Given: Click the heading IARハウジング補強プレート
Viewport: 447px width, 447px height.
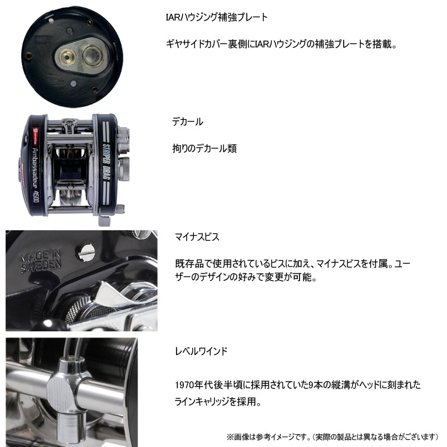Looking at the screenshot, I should (214, 17).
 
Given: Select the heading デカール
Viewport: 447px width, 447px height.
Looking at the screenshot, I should (187, 121).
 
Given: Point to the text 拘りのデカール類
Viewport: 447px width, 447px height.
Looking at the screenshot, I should (204, 149).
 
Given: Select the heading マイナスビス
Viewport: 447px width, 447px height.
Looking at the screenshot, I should (196, 237).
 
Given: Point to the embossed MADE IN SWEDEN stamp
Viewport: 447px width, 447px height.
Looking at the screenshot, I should (41, 262).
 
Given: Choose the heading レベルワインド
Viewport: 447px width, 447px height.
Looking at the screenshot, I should (200, 351).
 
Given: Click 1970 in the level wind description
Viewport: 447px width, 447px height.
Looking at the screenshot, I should (183, 386).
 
